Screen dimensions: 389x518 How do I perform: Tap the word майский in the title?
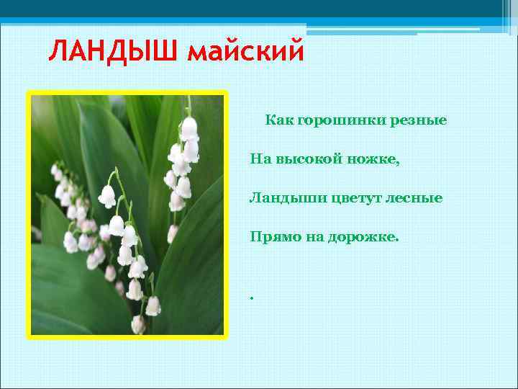point(245,52)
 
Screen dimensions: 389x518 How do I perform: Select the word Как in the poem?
point(278,120)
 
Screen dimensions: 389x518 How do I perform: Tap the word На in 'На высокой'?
point(260,158)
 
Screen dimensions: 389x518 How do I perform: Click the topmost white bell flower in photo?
point(189,128)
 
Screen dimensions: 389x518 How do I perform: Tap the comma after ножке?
point(397,163)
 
